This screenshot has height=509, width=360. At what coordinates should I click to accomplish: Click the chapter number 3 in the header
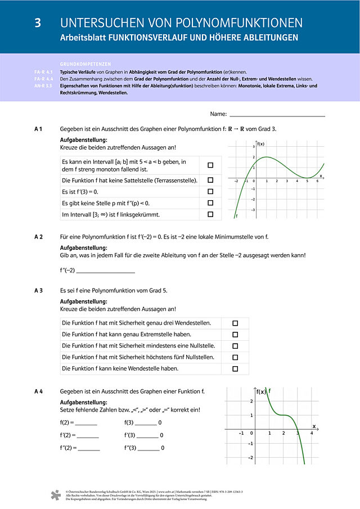tap(38, 23)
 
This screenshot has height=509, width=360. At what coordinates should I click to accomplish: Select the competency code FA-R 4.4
tap(43, 79)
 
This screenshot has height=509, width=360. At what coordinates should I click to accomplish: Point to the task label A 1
tap(39, 129)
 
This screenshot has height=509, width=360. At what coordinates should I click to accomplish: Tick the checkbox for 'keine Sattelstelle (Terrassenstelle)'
tap(210, 180)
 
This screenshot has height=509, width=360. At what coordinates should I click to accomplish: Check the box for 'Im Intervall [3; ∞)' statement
tap(210, 214)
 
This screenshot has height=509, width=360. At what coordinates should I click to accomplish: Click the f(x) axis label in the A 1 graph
tap(262, 144)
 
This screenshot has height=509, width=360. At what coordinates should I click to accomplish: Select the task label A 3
tap(39, 290)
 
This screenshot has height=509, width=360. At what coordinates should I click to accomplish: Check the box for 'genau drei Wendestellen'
tap(235, 323)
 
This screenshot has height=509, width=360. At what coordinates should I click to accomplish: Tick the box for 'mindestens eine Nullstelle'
tap(235, 346)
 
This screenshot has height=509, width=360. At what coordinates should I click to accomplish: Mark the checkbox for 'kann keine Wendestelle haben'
tap(235, 369)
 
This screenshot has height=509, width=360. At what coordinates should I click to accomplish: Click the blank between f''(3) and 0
tap(147, 448)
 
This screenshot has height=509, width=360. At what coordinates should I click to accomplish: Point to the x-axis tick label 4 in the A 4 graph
tap(312, 434)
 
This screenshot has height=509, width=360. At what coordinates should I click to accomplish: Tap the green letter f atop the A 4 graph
tap(270, 390)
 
